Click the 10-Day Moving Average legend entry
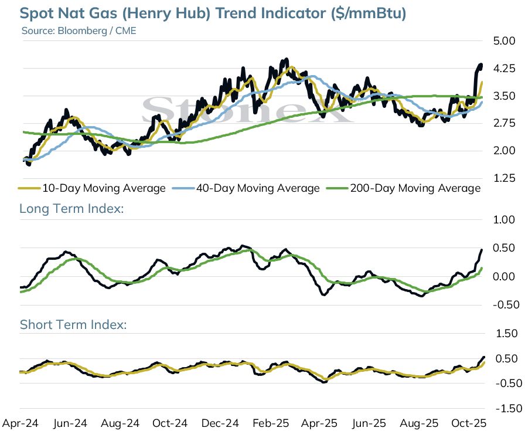(x=92, y=188)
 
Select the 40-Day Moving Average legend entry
(x=246, y=188)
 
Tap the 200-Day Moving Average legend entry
(x=404, y=188)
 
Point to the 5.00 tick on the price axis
(x=504, y=41)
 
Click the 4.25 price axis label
(x=504, y=69)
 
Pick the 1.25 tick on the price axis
(x=504, y=178)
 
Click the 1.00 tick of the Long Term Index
(x=504, y=220)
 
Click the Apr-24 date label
(x=21, y=423)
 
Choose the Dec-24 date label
(x=220, y=423)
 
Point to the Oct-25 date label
(x=468, y=423)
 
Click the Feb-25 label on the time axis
(x=271, y=423)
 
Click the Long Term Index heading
(x=71, y=208)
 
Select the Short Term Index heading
(x=73, y=325)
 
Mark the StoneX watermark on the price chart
(x=248, y=109)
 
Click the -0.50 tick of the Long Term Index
(x=506, y=305)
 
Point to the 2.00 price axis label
(x=504, y=151)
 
